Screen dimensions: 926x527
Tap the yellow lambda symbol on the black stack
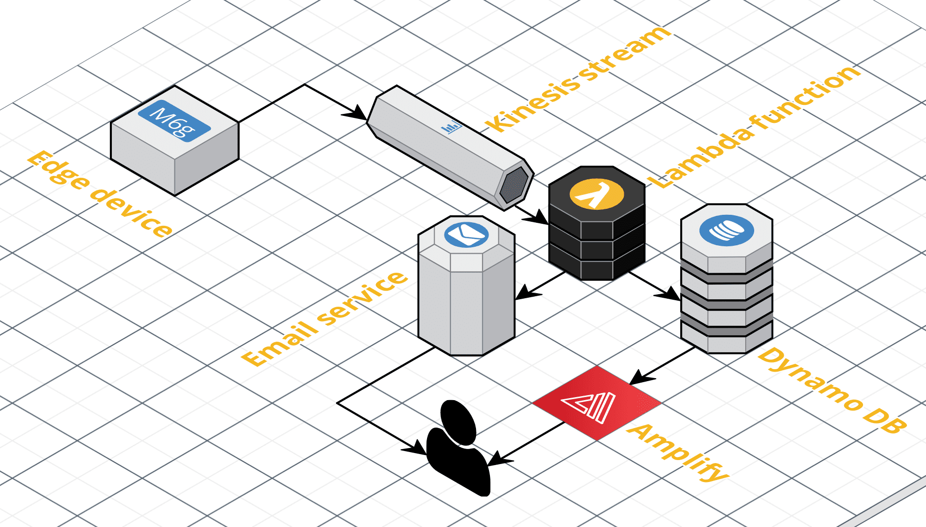[597, 194]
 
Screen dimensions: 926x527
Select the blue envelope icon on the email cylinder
[466, 234]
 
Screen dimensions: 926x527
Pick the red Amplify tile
[597, 403]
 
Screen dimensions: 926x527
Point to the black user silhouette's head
[458, 422]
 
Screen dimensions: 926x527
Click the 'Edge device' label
[100, 193]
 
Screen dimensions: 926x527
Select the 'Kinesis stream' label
[578, 78]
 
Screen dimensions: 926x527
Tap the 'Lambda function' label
[754, 127]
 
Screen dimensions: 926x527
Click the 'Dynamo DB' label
[832, 390]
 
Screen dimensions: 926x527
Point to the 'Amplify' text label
[678, 452]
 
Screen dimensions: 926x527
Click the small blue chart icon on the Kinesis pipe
[452, 128]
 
